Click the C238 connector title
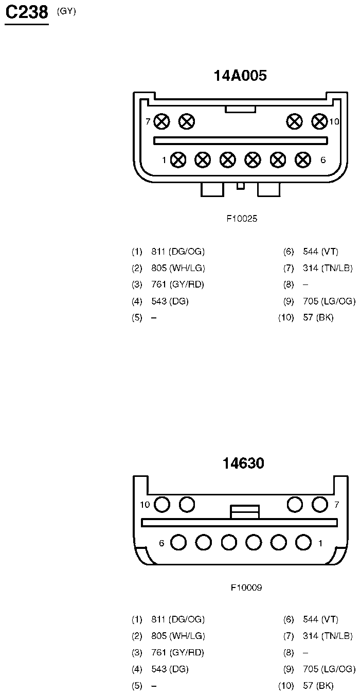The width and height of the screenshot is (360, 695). pyautogui.click(x=27, y=13)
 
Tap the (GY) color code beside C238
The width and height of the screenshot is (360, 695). pyautogui.click(x=66, y=11)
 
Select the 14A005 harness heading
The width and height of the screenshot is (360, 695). pyautogui.click(x=240, y=76)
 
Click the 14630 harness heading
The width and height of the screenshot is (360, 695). pyautogui.click(x=243, y=463)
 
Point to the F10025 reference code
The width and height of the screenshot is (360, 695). pyautogui.click(x=242, y=219)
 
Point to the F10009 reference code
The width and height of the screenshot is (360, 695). pyautogui.click(x=246, y=587)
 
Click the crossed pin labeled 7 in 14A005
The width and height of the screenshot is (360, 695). pyautogui.click(x=162, y=121)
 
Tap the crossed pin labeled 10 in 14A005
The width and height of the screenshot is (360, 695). pyautogui.click(x=319, y=121)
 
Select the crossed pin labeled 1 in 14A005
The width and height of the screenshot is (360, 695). pyautogui.click(x=178, y=160)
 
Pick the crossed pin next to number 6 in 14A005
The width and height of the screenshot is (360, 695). pyautogui.click(x=303, y=160)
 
